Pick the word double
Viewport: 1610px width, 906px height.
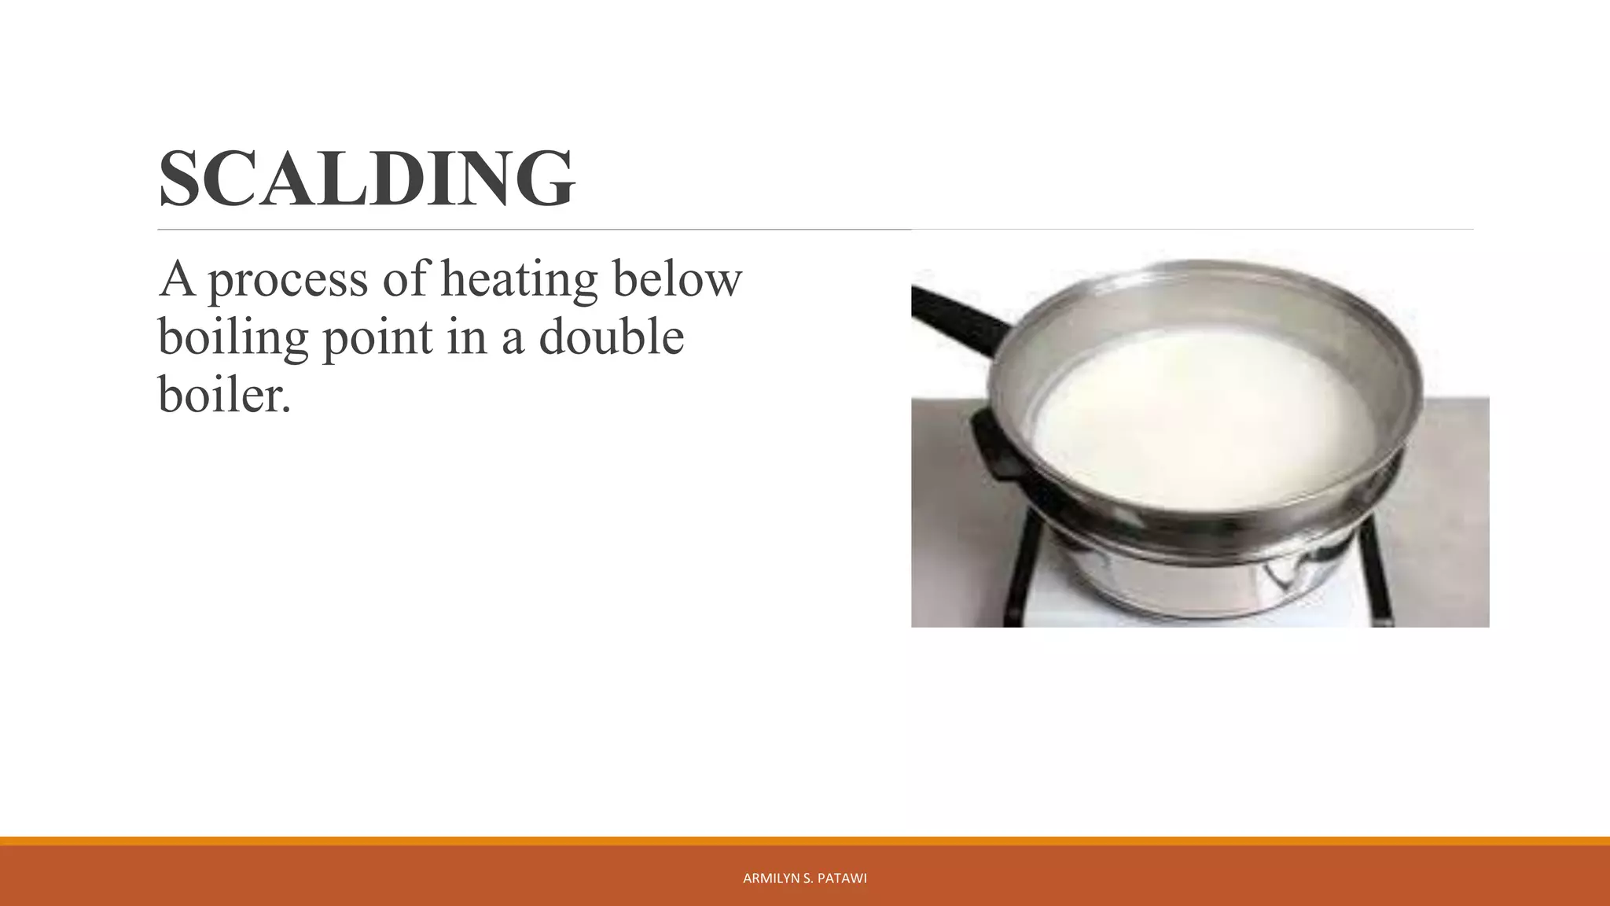[611, 337]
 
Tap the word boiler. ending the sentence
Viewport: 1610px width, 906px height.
[224, 394]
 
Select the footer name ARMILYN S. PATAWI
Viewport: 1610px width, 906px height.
[804, 878]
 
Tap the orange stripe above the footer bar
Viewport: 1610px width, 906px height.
[805, 841]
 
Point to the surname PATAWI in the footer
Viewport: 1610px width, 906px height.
[842, 878]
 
